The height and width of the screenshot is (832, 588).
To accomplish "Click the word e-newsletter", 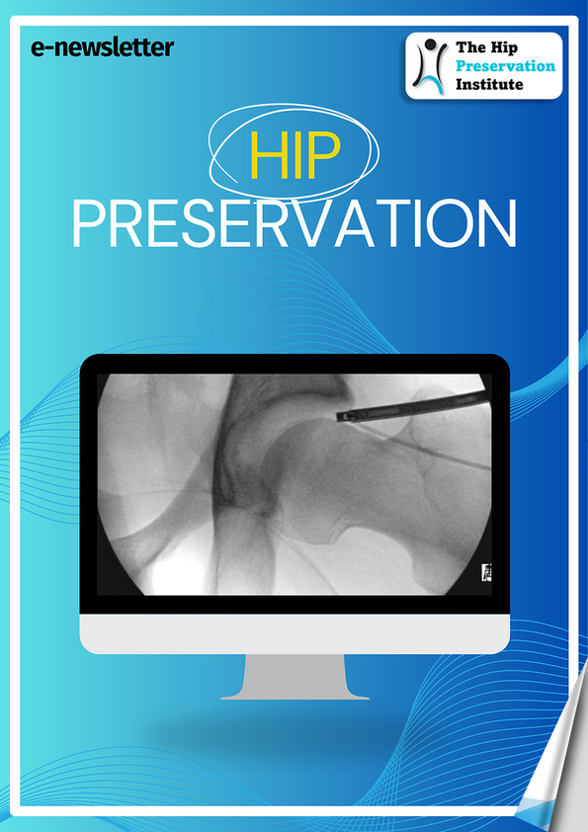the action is [x=103, y=47].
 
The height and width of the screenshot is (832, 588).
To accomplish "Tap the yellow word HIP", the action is [x=294, y=155].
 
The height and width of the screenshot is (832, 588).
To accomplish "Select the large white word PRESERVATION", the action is [x=294, y=223].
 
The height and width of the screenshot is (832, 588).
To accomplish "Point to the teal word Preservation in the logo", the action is [x=505, y=66].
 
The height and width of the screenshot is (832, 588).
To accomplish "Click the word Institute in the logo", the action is [x=489, y=84].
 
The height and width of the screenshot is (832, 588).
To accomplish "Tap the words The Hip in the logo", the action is [x=486, y=47].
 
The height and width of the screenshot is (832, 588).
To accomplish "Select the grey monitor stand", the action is [x=294, y=677].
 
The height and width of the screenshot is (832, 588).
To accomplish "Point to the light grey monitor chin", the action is [x=294, y=634].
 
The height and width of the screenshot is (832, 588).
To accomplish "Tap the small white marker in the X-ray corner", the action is [x=486, y=572].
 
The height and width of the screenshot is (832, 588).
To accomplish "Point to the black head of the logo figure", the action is [x=431, y=43].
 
